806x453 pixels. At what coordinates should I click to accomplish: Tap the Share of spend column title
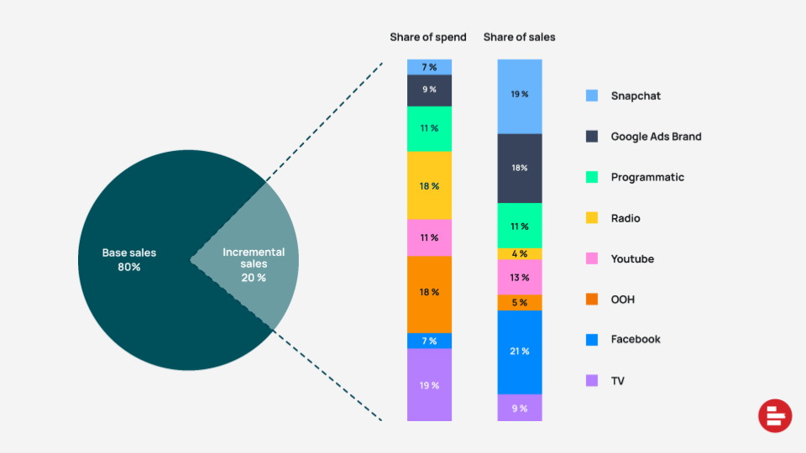(x=428, y=37)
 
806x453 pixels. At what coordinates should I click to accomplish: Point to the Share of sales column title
(x=519, y=37)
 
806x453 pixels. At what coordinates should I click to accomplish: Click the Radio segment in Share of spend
(x=429, y=185)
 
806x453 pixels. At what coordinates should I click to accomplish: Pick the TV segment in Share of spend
(x=429, y=385)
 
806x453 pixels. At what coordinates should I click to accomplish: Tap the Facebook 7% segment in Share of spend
(x=429, y=341)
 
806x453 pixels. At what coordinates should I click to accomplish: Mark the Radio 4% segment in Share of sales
(x=520, y=253)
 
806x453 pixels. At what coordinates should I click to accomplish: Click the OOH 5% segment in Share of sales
(x=520, y=302)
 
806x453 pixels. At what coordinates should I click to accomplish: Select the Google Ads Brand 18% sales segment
(x=520, y=168)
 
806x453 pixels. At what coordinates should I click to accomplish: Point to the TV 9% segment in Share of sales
(x=520, y=408)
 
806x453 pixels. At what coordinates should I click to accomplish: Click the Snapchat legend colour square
(x=592, y=96)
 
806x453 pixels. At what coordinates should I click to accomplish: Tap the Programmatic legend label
(x=647, y=177)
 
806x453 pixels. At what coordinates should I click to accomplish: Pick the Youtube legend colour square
(x=592, y=258)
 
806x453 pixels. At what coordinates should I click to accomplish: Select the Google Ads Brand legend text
(x=656, y=136)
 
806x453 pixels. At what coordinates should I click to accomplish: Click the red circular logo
(x=775, y=416)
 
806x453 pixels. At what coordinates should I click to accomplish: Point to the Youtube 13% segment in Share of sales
(x=520, y=277)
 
